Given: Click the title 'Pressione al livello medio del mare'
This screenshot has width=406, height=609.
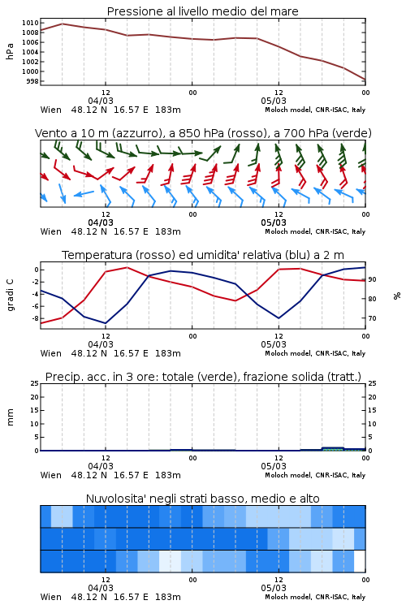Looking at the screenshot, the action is click(x=202, y=11).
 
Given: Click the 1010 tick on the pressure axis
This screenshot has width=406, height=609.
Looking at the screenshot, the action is click(x=30, y=23).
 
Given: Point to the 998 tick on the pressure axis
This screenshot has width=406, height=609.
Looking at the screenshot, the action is click(x=32, y=81).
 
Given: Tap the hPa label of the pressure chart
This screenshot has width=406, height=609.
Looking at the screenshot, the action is click(x=10, y=52).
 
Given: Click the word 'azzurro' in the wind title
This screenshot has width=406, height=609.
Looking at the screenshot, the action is click(x=136, y=133).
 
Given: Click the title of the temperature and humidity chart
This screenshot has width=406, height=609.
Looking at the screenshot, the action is click(x=203, y=255).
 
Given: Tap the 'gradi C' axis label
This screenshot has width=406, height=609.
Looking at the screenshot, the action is click(x=11, y=296).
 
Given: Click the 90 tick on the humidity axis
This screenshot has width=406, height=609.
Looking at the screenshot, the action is click(x=372, y=279).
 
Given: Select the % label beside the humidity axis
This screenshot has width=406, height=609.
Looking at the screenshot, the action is click(x=397, y=296).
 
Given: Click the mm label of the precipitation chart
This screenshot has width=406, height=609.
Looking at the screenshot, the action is click(x=10, y=417).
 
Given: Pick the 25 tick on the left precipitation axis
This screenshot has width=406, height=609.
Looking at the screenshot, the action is click(x=35, y=383).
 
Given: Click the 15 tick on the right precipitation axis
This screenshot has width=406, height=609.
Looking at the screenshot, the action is click(x=372, y=410).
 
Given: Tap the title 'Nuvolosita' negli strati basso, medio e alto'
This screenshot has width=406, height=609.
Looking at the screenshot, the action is click(x=202, y=499).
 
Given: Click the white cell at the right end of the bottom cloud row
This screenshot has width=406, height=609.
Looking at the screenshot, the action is click(x=360, y=561).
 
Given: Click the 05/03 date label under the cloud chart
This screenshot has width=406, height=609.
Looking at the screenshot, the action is click(x=274, y=588).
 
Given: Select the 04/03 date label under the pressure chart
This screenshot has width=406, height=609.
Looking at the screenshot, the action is click(x=101, y=101).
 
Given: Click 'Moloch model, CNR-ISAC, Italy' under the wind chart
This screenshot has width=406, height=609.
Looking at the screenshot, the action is click(x=315, y=231).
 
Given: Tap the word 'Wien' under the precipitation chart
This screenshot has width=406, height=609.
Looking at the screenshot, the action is click(x=51, y=475).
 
